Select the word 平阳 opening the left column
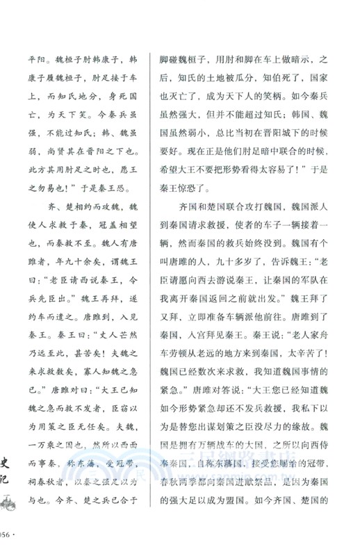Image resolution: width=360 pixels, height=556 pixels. (35, 60)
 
